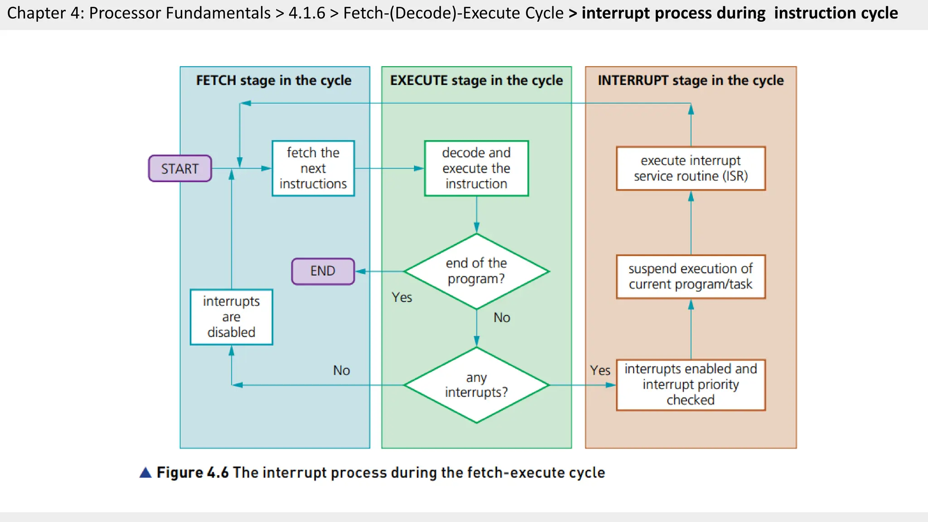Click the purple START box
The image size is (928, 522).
pyautogui.click(x=180, y=169)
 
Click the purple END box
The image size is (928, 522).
pyautogui.click(x=323, y=271)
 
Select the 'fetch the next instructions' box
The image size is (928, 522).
pyautogui.click(x=313, y=168)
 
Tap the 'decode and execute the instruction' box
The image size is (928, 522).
pyautogui.click(x=476, y=168)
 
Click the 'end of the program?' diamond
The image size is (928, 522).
pyautogui.click(x=476, y=271)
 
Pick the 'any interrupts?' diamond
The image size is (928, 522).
pyautogui.click(x=476, y=385)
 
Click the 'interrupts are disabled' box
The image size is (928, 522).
pyautogui.click(x=231, y=317)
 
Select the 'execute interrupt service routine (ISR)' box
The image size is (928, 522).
pyautogui.click(x=691, y=168)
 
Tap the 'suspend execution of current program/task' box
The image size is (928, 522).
pyautogui.click(x=691, y=276)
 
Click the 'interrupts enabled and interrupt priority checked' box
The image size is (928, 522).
pyautogui.click(x=691, y=384)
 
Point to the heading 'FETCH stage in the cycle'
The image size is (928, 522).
pyautogui.click(x=274, y=81)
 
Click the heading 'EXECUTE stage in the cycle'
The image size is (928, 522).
pyautogui.click(x=476, y=81)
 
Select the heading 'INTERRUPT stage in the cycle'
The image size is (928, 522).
pyautogui.click(x=691, y=81)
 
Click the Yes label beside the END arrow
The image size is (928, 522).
pyautogui.click(x=402, y=297)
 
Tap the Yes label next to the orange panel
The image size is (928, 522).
pyautogui.click(x=600, y=370)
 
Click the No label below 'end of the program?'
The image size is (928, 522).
pyautogui.click(x=502, y=318)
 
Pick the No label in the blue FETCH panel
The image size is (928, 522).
pyautogui.click(x=341, y=370)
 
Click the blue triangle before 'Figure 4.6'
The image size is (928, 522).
pyautogui.click(x=145, y=473)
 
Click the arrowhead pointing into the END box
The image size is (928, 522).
pyautogui.click(x=360, y=271)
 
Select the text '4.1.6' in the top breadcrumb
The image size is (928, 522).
pyautogui.click(x=307, y=13)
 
